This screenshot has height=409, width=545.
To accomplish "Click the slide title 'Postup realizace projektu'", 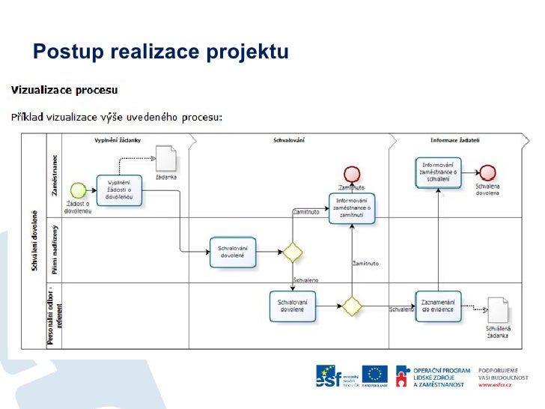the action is coord(160,52).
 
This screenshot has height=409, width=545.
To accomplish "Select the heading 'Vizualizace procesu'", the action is coord(64,90).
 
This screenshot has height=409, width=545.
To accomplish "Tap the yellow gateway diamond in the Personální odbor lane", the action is coord(352,306).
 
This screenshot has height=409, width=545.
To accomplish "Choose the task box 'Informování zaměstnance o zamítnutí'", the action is coord(351,207).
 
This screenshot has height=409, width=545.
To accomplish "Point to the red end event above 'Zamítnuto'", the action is coord(352,175).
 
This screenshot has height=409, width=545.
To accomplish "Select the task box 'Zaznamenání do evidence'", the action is coord(439,306).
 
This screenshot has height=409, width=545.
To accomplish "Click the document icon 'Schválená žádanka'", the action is coord(496,309).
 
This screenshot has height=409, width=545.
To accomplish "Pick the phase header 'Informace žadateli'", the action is coord(454,140).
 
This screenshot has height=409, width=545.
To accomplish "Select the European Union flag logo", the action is coord(375,373).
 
